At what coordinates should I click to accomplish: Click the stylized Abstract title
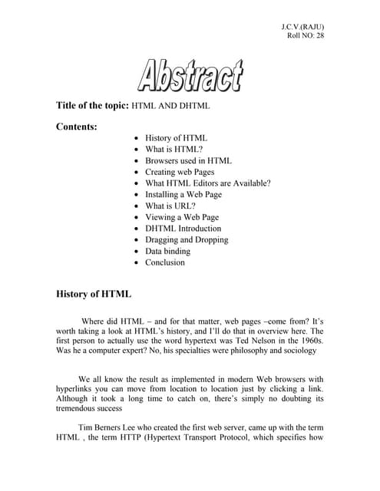click(x=190, y=76)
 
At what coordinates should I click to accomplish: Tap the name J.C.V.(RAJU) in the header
click(x=303, y=28)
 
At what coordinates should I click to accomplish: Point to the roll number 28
click(x=319, y=36)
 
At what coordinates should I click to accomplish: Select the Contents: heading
click(x=76, y=127)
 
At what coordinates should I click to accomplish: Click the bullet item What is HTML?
click(x=173, y=150)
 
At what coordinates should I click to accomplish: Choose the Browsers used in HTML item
click(x=188, y=161)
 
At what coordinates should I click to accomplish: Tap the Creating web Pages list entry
click(x=180, y=173)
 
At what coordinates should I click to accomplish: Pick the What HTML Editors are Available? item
click(x=207, y=183)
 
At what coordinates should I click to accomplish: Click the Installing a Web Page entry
click(x=183, y=195)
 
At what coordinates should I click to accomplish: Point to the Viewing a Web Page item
click(x=182, y=217)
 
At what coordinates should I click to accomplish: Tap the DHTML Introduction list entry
click(x=183, y=229)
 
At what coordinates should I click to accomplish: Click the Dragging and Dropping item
click(x=187, y=240)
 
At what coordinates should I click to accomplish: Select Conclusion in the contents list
click(x=165, y=262)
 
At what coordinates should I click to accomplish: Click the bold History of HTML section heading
click(x=94, y=294)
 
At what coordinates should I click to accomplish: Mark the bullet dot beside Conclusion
click(x=136, y=263)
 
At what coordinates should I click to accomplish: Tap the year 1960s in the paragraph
click(x=309, y=339)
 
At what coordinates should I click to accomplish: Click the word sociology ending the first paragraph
click(x=296, y=351)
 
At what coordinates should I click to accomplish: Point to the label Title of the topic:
click(x=92, y=104)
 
